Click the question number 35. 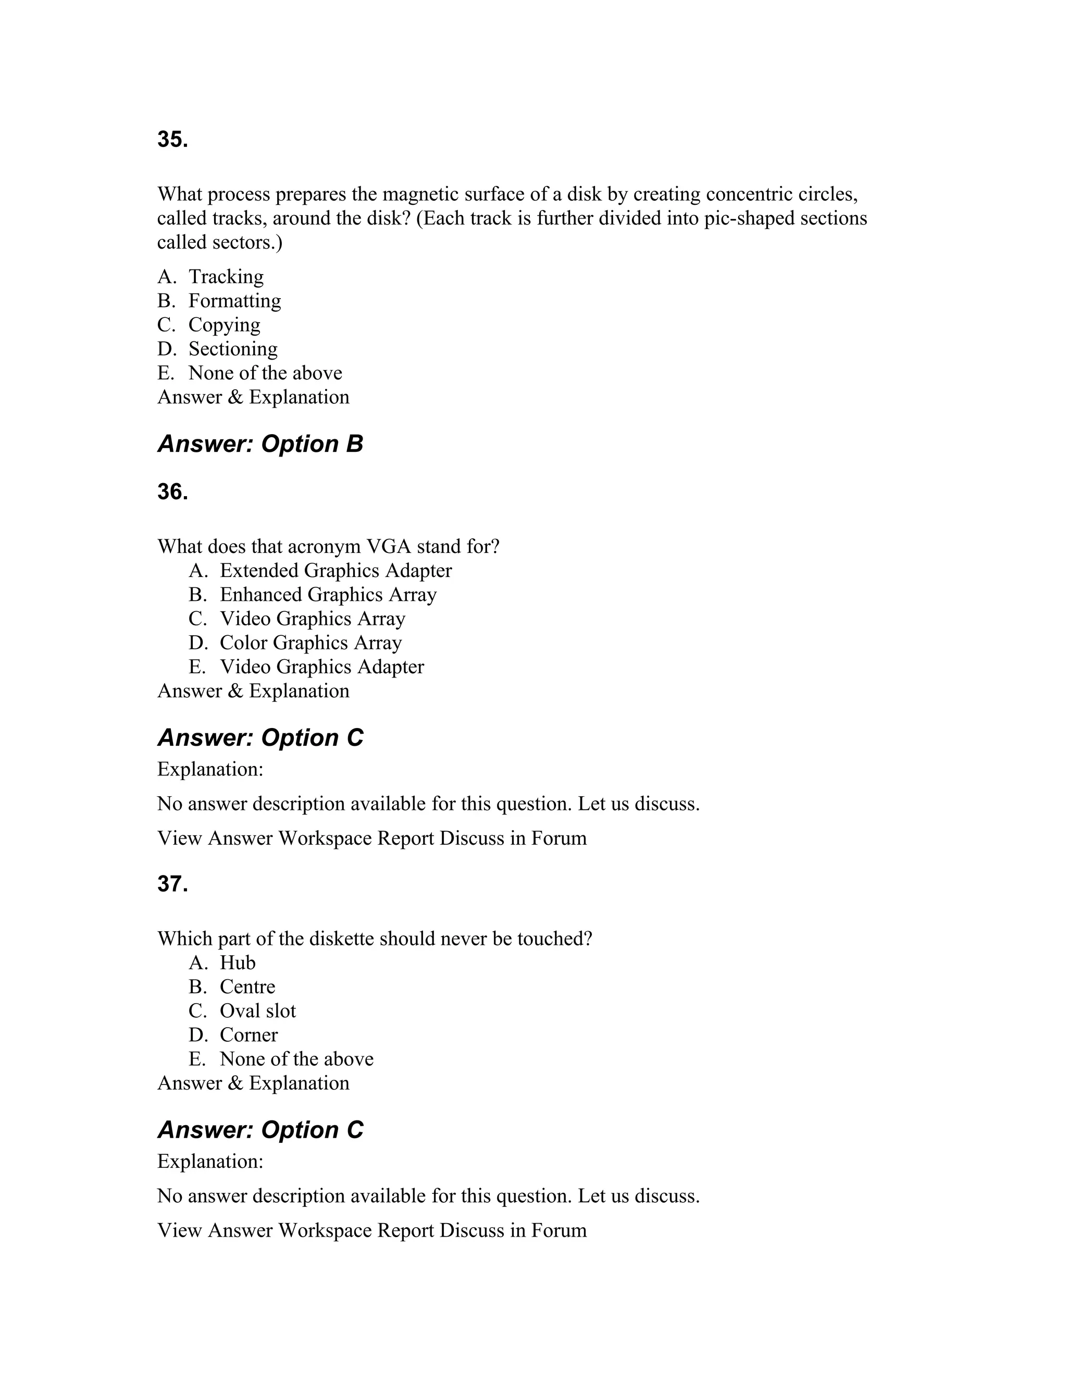172,140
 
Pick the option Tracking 226,276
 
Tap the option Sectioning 232,349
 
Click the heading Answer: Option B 260,444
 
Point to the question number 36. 172,492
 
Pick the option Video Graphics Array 312,619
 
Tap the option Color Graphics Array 311,643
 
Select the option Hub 237,963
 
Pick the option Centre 247,987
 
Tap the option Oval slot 257,1010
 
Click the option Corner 249,1034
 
